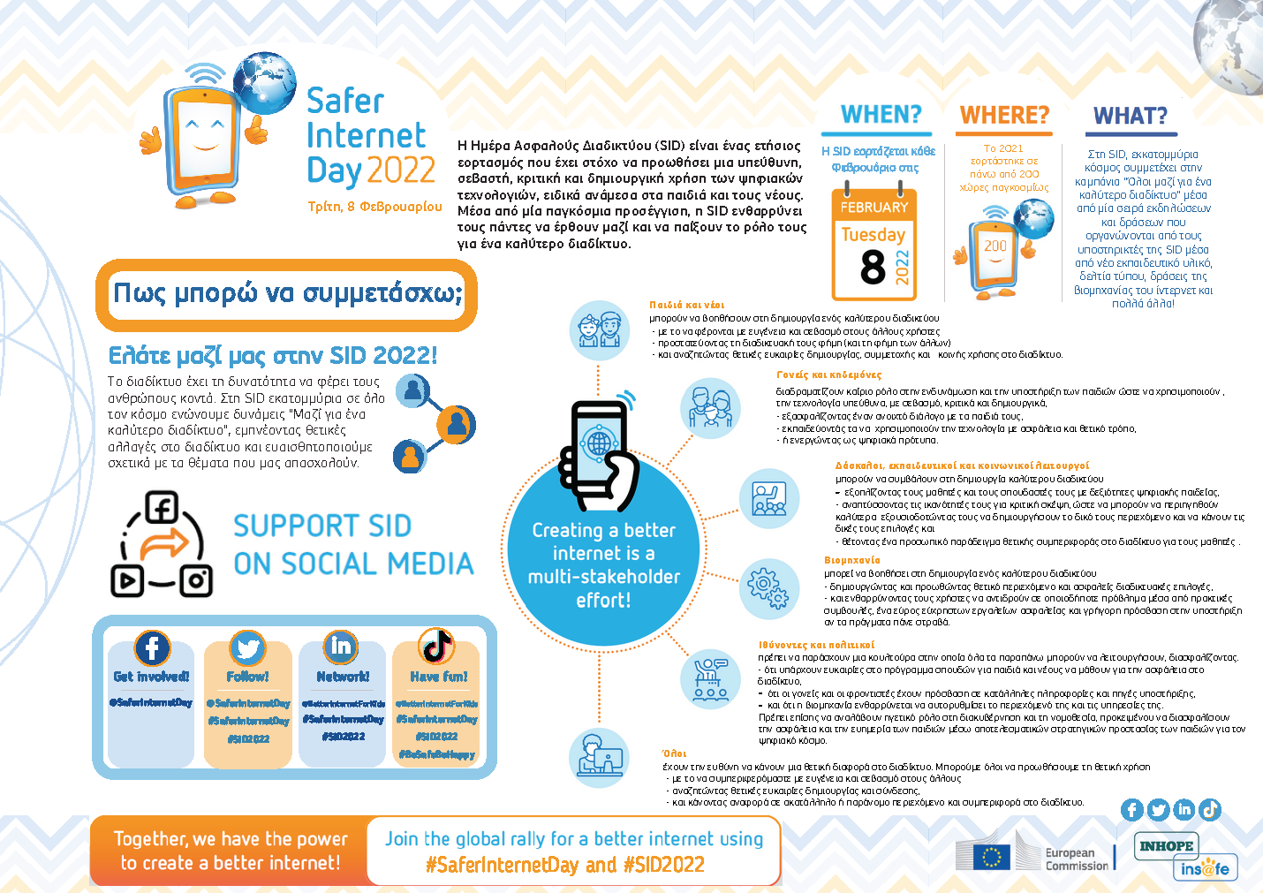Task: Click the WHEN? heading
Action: coord(881,115)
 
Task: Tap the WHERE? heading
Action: coord(1004,115)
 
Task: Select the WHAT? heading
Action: coord(1130,116)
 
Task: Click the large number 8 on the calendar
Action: coord(873,267)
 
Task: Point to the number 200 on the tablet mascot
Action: coord(995,246)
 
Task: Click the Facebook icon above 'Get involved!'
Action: coord(152,647)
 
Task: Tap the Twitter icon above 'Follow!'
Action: coord(247,648)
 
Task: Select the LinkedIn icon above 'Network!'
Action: coord(341,647)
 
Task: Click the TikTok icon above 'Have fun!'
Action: coord(436,647)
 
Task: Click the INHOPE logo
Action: coord(1166,846)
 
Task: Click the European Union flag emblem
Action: coord(991,857)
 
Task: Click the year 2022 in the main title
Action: coord(401,170)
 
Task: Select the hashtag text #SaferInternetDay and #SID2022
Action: coord(565,864)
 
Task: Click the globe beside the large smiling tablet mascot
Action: coord(264,82)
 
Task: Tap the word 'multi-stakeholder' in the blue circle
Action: coord(604,577)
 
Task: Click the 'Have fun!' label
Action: coord(438,677)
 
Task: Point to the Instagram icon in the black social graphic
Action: coord(196,580)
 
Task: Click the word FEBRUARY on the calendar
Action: coord(874,208)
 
